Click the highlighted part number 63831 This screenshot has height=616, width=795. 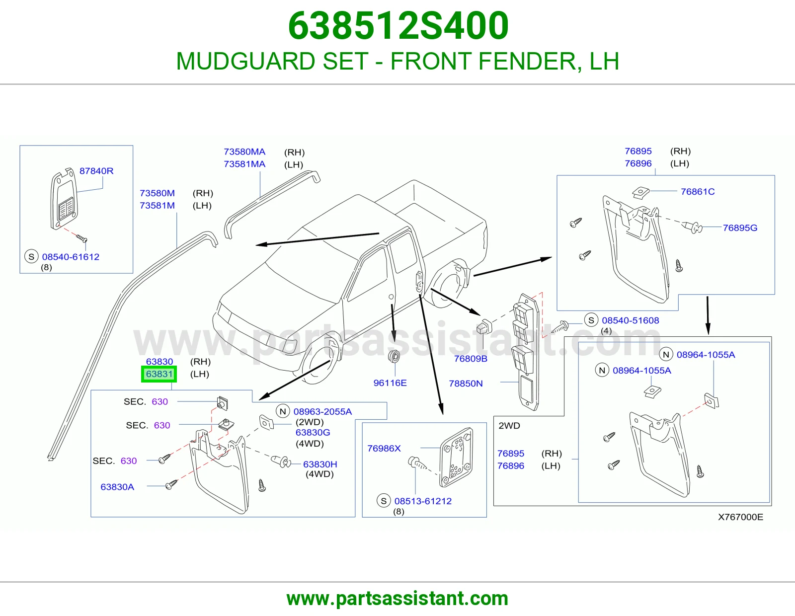click(159, 374)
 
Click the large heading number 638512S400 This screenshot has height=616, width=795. click(398, 25)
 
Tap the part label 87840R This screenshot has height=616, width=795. click(96, 171)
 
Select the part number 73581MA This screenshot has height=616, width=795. click(244, 164)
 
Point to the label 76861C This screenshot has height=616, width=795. click(698, 191)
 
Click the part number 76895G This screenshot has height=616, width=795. click(740, 228)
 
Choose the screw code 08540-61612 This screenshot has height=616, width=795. click(71, 257)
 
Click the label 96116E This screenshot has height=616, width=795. click(390, 383)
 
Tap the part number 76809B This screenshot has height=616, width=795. click(471, 359)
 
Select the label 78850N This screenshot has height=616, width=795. click(466, 384)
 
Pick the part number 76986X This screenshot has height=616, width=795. click(384, 448)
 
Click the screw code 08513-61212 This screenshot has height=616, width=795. click(423, 501)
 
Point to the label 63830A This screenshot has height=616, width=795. click(117, 487)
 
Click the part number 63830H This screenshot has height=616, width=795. click(320, 464)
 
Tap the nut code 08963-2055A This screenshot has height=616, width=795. click(322, 411)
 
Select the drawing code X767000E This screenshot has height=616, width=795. click(740, 517)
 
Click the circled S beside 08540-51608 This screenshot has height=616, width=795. click(591, 320)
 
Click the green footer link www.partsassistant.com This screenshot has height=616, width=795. click(397, 599)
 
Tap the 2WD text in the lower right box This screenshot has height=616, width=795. click(509, 425)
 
